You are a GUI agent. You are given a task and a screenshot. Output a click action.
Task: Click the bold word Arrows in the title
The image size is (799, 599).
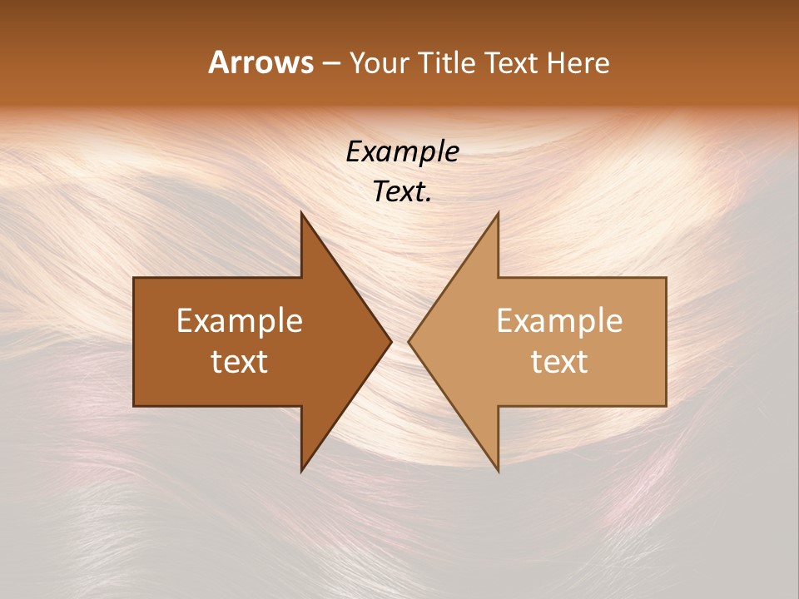pyautogui.click(x=261, y=62)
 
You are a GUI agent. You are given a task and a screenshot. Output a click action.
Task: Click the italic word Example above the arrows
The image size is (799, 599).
pyautogui.click(x=403, y=151)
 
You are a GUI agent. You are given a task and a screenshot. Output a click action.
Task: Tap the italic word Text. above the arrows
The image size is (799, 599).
pyautogui.click(x=403, y=191)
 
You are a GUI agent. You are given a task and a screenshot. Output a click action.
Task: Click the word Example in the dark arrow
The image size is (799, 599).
pyautogui.click(x=240, y=320)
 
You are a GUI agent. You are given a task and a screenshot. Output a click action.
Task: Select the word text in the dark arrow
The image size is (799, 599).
pyautogui.click(x=240, y=362)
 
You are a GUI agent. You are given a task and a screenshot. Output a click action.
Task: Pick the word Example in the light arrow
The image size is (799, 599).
pyautogui.click(x=559, y=320)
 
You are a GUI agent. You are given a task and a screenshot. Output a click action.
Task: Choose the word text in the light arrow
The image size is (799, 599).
pyautogui.click(x=559, y=362)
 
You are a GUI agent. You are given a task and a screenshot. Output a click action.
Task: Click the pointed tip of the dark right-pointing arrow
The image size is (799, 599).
pyautogui.click(x=391, y=341)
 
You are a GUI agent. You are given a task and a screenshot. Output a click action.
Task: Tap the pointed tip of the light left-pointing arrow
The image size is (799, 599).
pyautogui.click(x=409, y=341)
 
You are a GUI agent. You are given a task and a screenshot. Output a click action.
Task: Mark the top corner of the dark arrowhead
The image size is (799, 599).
pyautogui.click(x=301, y=212)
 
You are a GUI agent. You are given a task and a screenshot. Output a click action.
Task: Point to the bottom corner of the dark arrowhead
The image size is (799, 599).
pyautogui.click(x=301, y=471)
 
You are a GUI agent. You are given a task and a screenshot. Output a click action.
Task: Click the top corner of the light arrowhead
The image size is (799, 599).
pyautogui.click(x=498, y=212)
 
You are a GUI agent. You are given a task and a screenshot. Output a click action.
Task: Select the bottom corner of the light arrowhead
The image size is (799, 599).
pyautogui.click(x=498, y=471)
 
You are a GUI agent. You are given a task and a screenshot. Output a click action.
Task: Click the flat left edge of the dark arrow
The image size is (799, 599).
pyautogui.click(x=134, y=341)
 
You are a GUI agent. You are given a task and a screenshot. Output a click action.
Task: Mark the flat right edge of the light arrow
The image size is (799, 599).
pyautogui.click(x=666, y=341)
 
